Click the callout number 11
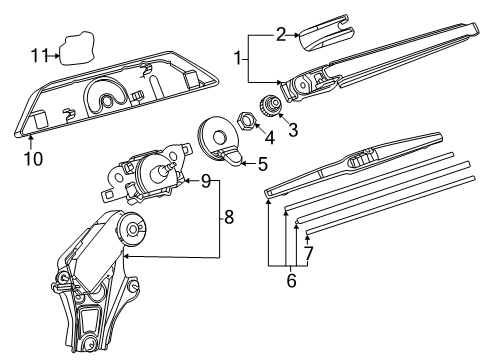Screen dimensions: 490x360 click(x=40, y=55)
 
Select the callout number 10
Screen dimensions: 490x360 click(x=33, y=159)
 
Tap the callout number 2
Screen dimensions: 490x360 click(x=281, y=34)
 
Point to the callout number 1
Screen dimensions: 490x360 click(x=238, y=58)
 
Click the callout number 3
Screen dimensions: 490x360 click(x=293, y=130)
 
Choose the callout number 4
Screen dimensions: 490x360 click(x=269, y=137)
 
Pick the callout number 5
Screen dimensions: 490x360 click(x=263, y=164)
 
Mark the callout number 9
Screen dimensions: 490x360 click(x=206, y=181)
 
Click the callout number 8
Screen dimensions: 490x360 click(x=229, y=218)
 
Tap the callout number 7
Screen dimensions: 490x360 click(x=309, y=253)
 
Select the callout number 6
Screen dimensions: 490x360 click(x=291, y=281)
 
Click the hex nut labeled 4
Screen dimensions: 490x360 click(x=246, y=120)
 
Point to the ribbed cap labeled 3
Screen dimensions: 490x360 click(x=271, y=104)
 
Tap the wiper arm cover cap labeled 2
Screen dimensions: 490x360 click(x=326, y=33)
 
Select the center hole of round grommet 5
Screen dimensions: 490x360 click(x=220, y=137)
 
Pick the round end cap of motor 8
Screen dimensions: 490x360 click(x=132, y=229)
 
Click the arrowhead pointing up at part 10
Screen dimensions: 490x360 click(x=31, y=136)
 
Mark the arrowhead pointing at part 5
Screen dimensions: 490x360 click(x=243, y=163)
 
